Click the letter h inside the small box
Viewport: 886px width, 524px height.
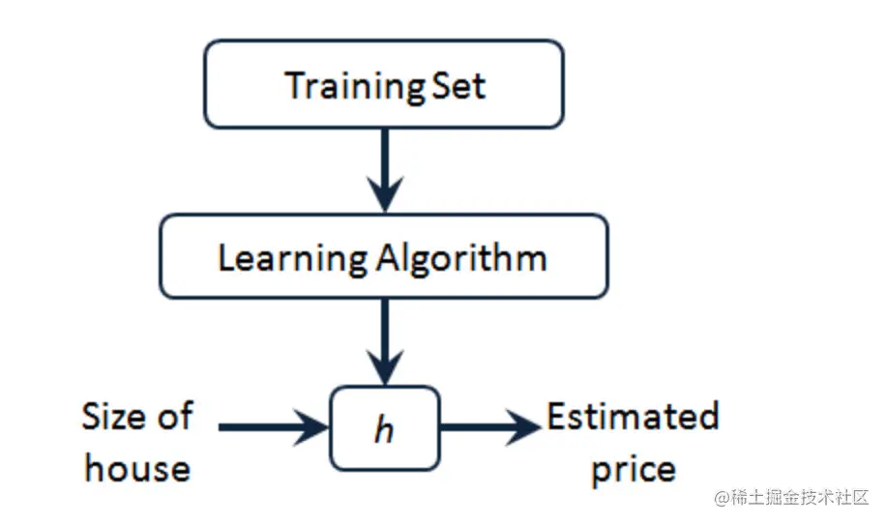[x=384, y=429]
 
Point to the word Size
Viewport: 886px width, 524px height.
[x=116, y=418]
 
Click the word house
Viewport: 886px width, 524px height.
[x=137, y=469]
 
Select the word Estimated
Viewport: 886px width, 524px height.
[x=633, y=418]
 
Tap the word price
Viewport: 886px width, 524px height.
[x=634, y=469]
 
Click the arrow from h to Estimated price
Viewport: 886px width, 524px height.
[x=489, y=426]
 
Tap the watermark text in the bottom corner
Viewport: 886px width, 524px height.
[x=791, y=498]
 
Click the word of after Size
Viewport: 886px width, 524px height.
[x=175, y=418]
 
